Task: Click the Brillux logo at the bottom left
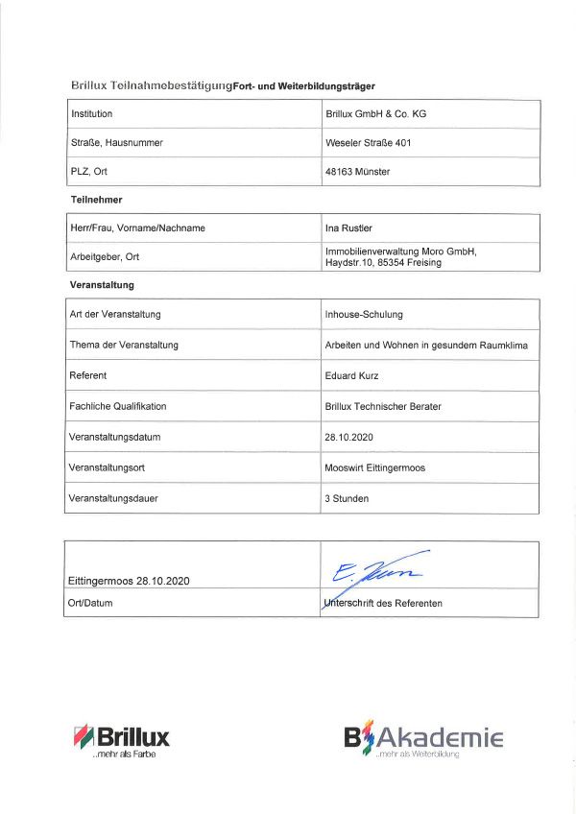pyautogui.click(x=121, y=739)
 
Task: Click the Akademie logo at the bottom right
pyautogui.click(x=423, y=739)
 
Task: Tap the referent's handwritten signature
pyautogui.click(x=377, y=569)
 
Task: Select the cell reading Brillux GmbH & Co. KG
pyautogui.click(x=375, y=114)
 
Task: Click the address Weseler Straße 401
pyautogui.click(x=369, y=143)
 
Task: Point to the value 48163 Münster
pyautogui.click(x=358, y=172)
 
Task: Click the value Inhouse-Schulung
pyautogui.click(x=364, y=315)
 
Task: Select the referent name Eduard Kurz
pyautogui.click(x=353, y=375)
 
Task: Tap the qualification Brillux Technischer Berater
pyautogui.click(x=383, y=406)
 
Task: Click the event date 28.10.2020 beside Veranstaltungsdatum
pyautogui.click(x=348, y=437)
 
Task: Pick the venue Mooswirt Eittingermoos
pyautogui.click(x=374, y=467)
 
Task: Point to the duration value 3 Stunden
pyautogui.click(x=347, y=498)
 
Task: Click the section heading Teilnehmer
pyautogui.click(x=96, y=200)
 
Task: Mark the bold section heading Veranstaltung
pyautogui.click(x=102, y=285)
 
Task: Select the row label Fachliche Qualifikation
pyautogui.click(x=118, y=406)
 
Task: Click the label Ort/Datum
pyautogui.click(x=91, y=603)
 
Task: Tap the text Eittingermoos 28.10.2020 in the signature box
pyautogui.click(x=130, y=582)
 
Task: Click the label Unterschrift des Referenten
pyautogui.click(x=384, y=603)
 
